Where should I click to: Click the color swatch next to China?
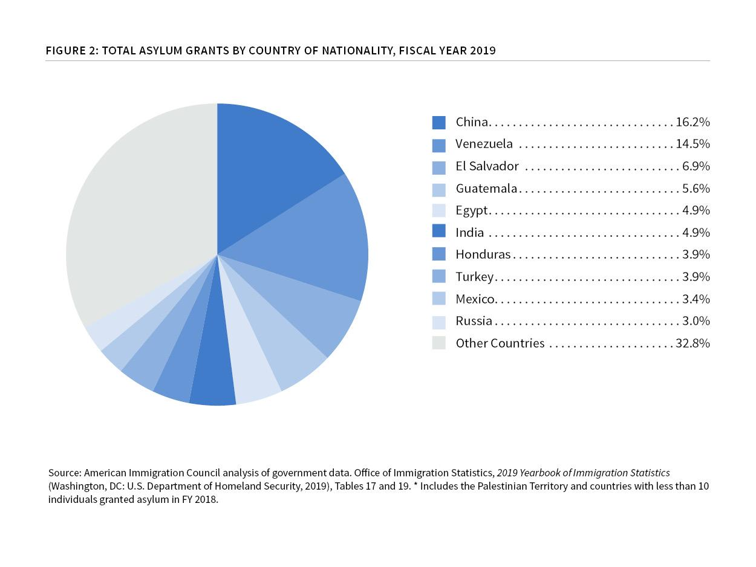[439, 122]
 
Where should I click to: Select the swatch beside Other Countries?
[439, 343]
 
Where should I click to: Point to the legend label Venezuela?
[484, 144]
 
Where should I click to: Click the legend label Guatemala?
[486, 189]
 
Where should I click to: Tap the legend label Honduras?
[483, 254]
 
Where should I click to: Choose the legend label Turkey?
[475, 277]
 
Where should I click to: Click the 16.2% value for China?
[692, 122]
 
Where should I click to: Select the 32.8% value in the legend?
[692, 343]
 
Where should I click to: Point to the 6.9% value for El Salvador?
[696, 166]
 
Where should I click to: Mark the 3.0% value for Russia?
[696, 321]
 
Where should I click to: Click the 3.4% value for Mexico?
[696, 299]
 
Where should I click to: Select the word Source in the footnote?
[64, 473]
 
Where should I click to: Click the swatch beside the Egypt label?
[439, 210]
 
